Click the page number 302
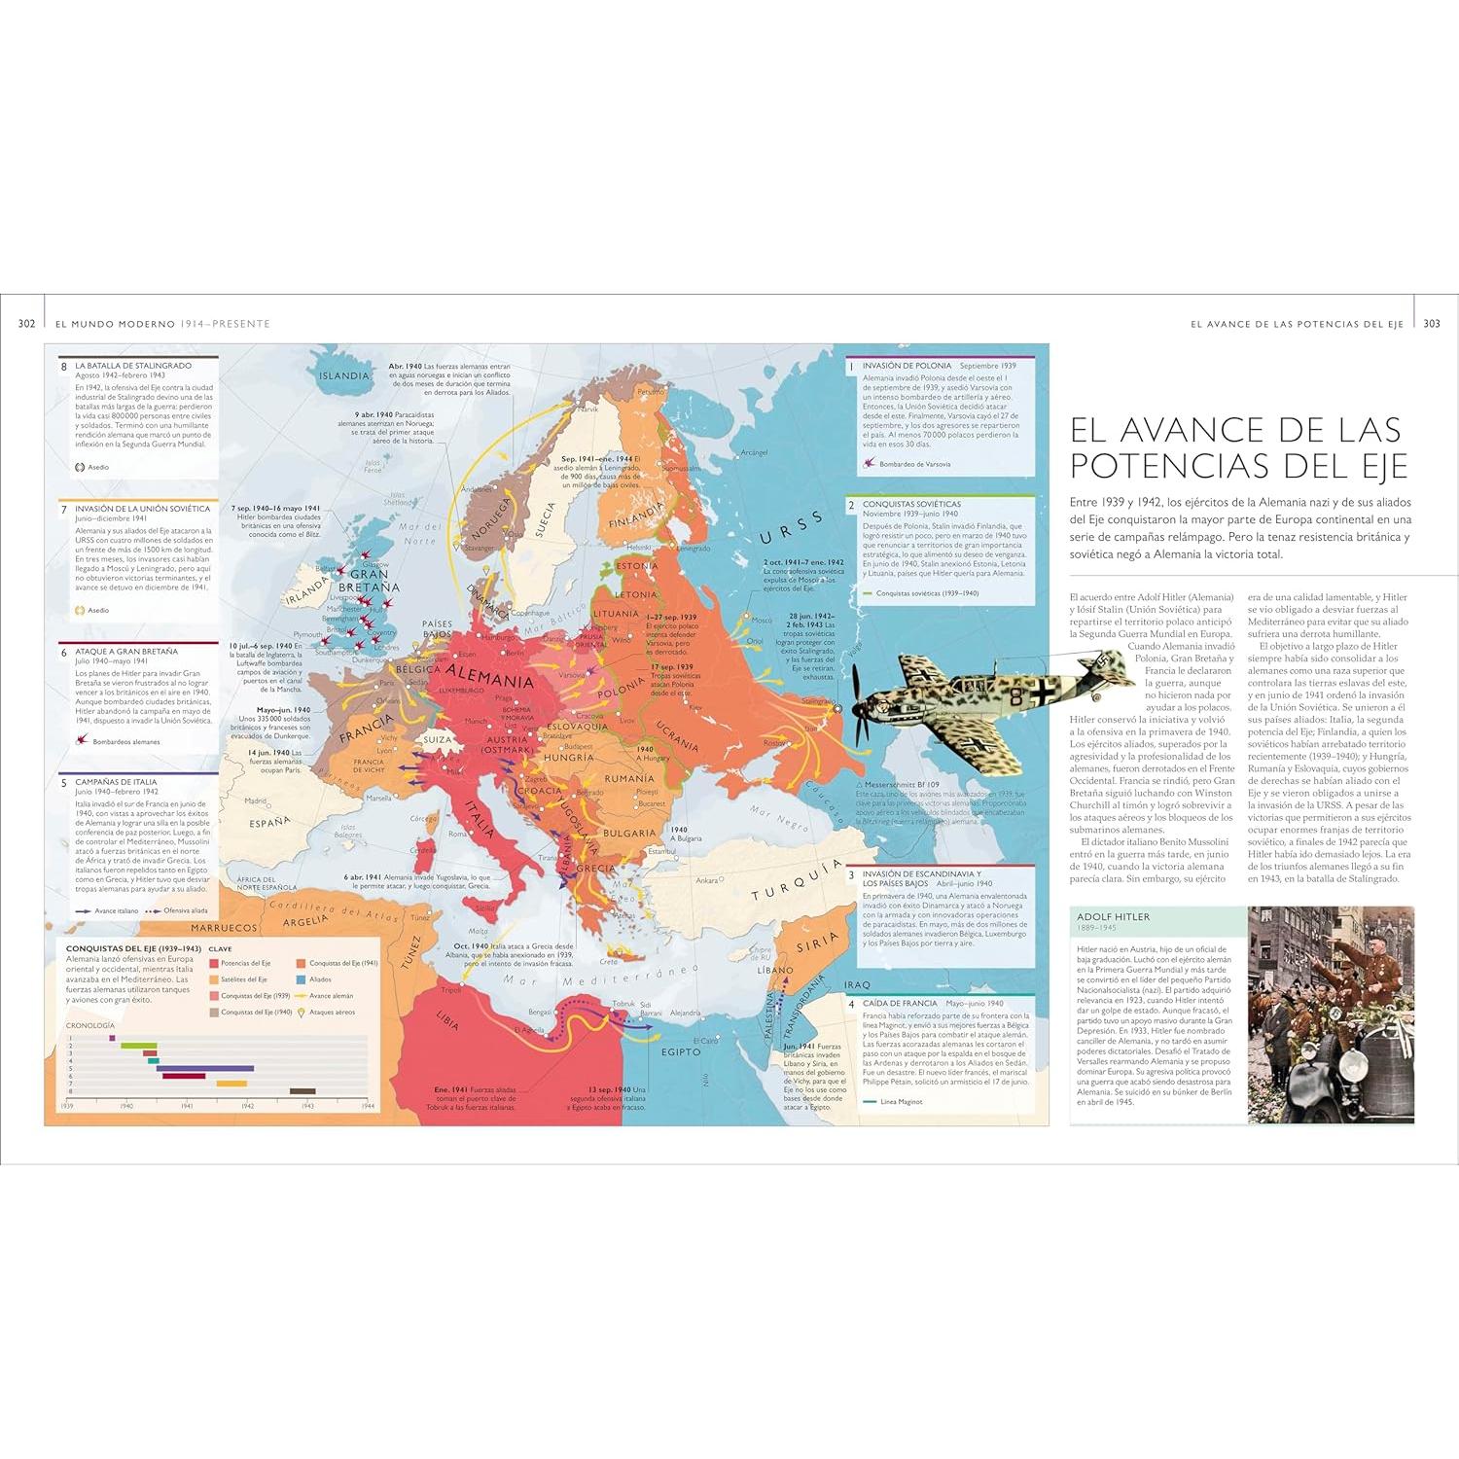[x=26, y=323]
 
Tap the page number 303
[x=1431, y=323]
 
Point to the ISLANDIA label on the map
[x=344, y=375]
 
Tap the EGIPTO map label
[x=681, y=1051]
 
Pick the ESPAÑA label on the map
[x=269, y=822]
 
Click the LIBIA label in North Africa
[x=446, y=1021]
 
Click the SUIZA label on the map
[x=438, y=739]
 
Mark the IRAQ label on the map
[x=858, y=985]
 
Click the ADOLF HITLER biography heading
[x=1113, y=916]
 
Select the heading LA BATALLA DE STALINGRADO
[x=133, y=366]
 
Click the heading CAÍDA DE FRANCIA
[x=900, y=1003]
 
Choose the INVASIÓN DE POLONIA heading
[x=907, y=366]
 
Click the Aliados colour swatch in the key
[x=302, y=979]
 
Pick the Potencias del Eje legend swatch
[x=214, y=963]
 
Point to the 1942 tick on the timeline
[x=247, y=1106]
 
